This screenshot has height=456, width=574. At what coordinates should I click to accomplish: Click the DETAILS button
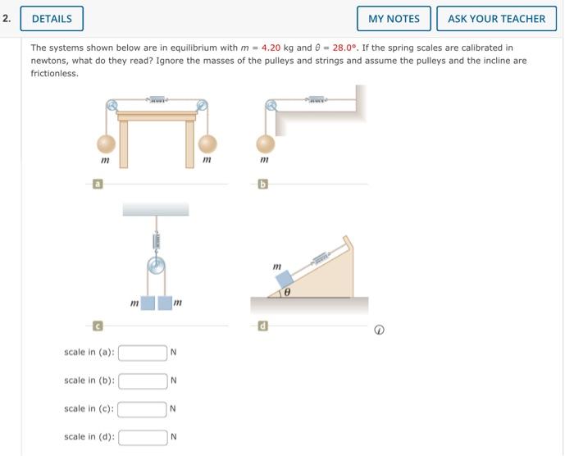click(52, 18)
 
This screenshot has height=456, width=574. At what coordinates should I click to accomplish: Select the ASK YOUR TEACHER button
click(496, 18)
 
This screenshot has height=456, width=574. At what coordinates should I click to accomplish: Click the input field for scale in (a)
click(143, 353)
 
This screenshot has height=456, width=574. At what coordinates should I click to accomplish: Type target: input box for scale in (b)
click(143, 381)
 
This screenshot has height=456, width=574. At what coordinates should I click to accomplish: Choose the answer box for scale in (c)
click(143, 408)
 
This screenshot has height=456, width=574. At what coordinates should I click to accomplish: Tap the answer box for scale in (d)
click(143, 436)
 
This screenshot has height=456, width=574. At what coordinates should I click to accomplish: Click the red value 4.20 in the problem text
click(271, 48)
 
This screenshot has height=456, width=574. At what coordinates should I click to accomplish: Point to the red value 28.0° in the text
click(348, 48)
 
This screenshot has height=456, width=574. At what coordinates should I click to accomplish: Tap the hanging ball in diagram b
click(263, 144)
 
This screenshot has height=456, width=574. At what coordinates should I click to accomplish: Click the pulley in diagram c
click(156, 267)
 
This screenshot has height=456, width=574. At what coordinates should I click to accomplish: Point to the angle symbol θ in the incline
click(288, 290)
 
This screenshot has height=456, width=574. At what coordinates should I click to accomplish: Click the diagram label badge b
click(263, 185)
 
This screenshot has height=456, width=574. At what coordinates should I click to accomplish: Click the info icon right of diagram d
click(379, 330)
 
